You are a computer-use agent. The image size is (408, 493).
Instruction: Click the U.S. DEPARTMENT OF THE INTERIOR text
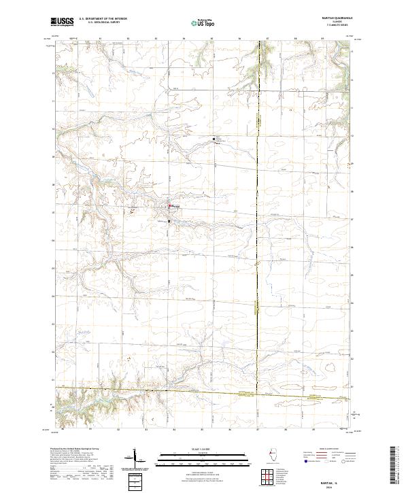(103, 19)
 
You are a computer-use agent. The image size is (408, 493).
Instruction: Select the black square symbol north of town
(214, 139)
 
